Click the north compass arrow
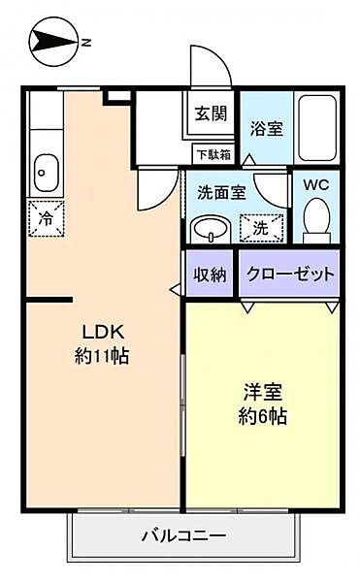[50, 42]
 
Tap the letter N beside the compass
[85, 42]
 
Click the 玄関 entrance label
[210, 113]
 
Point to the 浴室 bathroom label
[265, 128]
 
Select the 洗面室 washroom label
[221, 192]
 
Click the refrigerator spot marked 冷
[45, 217]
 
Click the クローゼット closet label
[289, 275]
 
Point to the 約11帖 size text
[101, 355]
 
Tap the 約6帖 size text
[263, 419]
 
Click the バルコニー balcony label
[183, 534]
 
